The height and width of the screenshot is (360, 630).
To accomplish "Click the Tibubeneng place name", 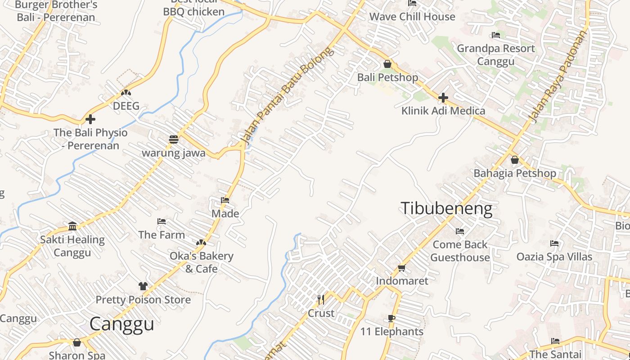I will pyautogui.click(x=446, y=208).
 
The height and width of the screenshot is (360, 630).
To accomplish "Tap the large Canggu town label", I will pyautogui.click(x=121, y=324).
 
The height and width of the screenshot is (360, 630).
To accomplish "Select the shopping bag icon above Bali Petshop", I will pyautogui.click(x=387, y=64).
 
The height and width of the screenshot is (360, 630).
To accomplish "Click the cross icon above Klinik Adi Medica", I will pyautogui.click(x=443, y=97).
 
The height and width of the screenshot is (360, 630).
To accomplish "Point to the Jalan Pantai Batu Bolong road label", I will pyautogui.click(x=288, y=96).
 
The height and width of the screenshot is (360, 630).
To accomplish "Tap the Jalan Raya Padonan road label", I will pyautogui.click(x=558, y=76).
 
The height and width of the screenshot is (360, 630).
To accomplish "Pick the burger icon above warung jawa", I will pyautogui.click(x=174, y=139).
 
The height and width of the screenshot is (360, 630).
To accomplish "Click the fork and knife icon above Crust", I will pyautogui.click(x=321, y=299).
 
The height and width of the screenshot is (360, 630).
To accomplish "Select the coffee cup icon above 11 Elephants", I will pyautogui.click(x=391, y=319).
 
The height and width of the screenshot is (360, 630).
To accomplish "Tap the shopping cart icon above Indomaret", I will pyautogui.click(x=401, y=268).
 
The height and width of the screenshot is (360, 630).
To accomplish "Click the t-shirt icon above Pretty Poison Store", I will pyautogui.click(x=143, y=286).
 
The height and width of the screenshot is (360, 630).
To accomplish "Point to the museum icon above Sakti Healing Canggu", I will pyautogui.click(x=72, y=226).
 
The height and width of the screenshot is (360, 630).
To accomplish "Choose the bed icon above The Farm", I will pyautogui.click(x=162, y=221).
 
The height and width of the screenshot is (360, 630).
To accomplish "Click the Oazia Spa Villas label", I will pyautogui.click(x=554, y=256).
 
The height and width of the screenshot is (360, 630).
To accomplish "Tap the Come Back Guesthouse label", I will pyautogui.click(x=460, y=251).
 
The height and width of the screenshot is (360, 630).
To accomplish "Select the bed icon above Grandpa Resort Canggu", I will pyautogui.click(x=496, y=35).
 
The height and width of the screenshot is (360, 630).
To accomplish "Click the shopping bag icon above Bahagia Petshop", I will pyautogui.click(x=515, y=160).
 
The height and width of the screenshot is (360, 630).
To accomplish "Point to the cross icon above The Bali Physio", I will pyautogui.click(x=90, y=119).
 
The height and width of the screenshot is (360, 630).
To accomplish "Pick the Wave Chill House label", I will pyautogui.click(x=412, y=17).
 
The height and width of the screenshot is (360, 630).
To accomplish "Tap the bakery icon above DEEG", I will pyautogui.click(x=126, y=93).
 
